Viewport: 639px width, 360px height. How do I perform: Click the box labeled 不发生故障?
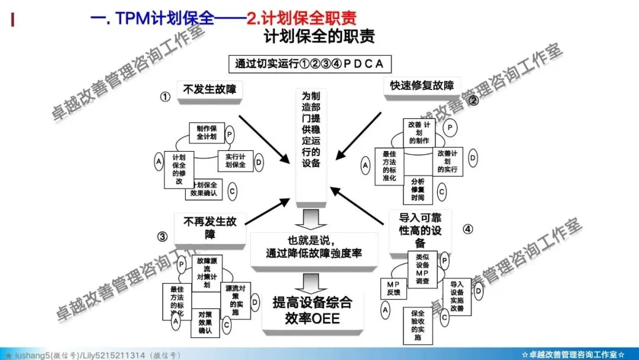(x=209, y=90)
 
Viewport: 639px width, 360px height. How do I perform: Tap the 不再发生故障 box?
(x=210, y=228)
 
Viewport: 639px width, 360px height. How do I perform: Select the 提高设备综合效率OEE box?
(x=312, y=310)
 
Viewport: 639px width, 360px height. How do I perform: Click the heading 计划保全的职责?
(x=319, y=37)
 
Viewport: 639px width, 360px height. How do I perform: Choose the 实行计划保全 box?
(x=235, y=160)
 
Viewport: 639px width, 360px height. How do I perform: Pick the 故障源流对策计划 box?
(x=206, y=272)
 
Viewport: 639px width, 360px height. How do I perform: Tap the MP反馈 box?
(x=393, y=288)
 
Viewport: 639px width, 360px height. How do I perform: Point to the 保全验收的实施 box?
(x=418, y=325)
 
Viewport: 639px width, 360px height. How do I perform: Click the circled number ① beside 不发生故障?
(x=166, y=97)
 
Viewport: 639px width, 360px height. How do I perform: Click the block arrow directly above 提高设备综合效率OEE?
(x=311, y=282)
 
